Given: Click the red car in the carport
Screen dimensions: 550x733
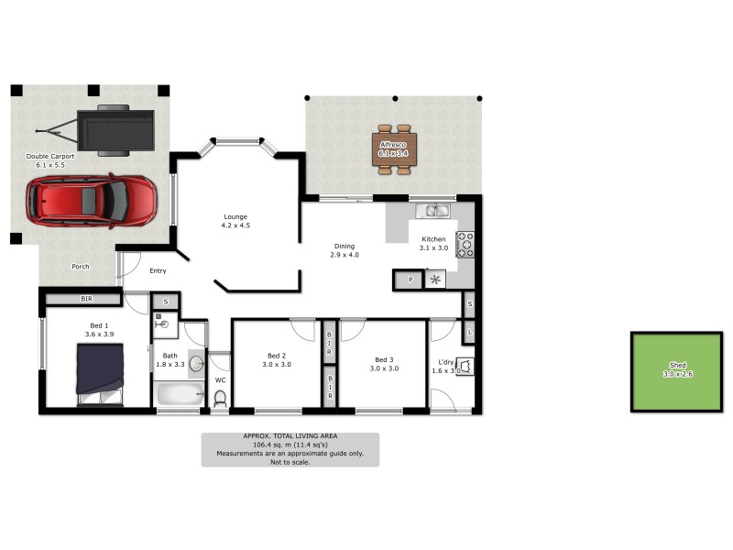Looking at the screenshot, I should [x=91, y=202].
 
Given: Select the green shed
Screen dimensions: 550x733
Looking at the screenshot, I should [x=677, y=371].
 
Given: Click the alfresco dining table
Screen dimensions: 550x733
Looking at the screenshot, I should [x=396, y=148].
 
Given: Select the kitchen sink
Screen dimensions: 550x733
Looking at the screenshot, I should [x=433, y=212].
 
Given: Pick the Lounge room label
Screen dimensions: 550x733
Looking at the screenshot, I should [x=235, y=221].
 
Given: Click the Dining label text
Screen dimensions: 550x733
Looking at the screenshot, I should [x=345, y=246].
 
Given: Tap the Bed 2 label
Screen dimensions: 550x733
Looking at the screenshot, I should [x=277, y=356].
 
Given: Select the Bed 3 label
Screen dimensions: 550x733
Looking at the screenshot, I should [x=384, y=359].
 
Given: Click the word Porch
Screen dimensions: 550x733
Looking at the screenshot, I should [x=81, y=267].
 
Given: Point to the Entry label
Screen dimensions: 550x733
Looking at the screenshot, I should [x=158, y=270].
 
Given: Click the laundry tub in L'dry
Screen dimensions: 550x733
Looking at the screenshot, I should [x=465, y=368].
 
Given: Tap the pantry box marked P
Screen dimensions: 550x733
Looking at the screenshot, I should [x=410, y=280].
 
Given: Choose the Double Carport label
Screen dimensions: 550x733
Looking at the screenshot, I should [x=50, y=157].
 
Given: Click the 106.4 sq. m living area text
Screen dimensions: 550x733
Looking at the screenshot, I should [x=290, y=445].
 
